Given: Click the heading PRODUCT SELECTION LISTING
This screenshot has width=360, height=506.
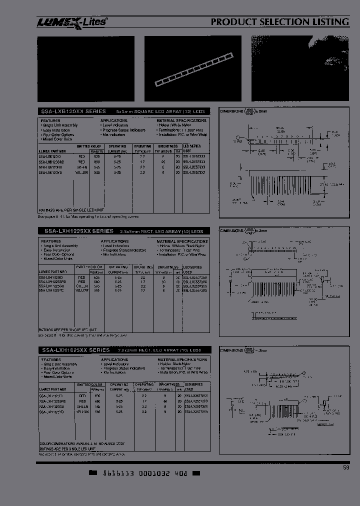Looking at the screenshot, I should click(279, 22).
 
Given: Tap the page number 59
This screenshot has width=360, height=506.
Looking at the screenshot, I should click(346, 468).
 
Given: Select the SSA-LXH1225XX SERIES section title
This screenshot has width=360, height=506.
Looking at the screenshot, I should click(76, 231).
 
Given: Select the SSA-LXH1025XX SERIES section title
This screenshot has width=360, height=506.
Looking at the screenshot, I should click(75, 350).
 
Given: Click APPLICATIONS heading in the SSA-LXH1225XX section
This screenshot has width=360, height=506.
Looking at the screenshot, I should click(114, 241).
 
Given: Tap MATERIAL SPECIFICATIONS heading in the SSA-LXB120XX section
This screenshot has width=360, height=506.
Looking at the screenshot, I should click(181, 121).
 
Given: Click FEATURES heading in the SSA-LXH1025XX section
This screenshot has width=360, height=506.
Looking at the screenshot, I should click(51, 360).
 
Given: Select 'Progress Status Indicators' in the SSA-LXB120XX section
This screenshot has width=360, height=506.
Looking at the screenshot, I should click(124, 130).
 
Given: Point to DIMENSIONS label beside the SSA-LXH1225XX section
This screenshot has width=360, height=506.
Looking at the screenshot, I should click(232, 231).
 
